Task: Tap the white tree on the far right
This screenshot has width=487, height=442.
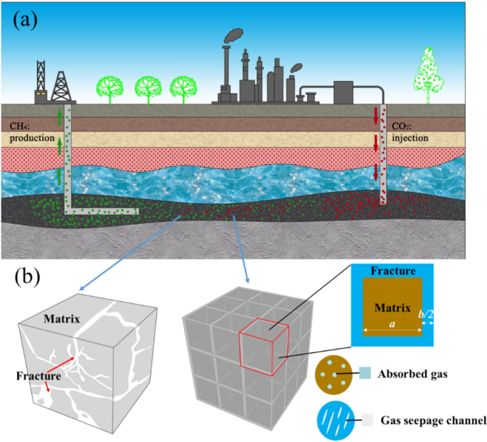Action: [429, 73]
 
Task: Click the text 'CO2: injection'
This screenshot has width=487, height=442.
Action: [412, 132]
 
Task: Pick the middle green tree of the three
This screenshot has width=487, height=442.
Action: [148, 88]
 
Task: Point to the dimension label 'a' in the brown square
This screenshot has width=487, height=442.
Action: [392, 322]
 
